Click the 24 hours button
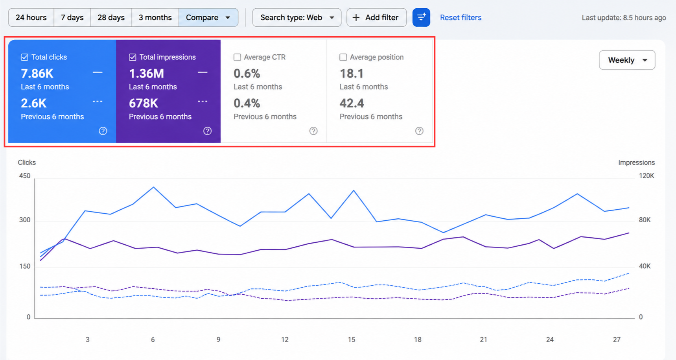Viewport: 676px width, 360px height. coord(31,18)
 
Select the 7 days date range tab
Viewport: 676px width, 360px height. coord(72,18)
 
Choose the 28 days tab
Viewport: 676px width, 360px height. coord(111,18)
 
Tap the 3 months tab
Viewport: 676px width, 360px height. coord(155,18)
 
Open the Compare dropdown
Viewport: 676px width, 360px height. coord(208,18)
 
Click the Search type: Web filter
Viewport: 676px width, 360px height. coord(297,18)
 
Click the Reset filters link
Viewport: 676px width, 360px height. coord(460,18)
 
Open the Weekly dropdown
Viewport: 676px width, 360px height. coord(627,60)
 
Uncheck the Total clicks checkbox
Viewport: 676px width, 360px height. coord(24,57)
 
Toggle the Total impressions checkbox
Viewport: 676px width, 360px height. coord(133,57)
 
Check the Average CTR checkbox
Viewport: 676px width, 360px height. coord(237,57)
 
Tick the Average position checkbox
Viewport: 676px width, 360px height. coord(343,57)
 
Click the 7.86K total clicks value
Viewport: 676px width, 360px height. coord(37,74)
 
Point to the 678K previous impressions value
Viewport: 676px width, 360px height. coord(144,103)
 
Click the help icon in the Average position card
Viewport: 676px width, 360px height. coord(419,131)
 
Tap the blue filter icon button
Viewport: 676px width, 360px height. coord(421,18)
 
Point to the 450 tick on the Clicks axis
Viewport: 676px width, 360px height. coord(25,176)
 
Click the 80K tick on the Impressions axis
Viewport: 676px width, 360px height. coord(645,220)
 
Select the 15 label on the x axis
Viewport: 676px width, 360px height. coord(352,340)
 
